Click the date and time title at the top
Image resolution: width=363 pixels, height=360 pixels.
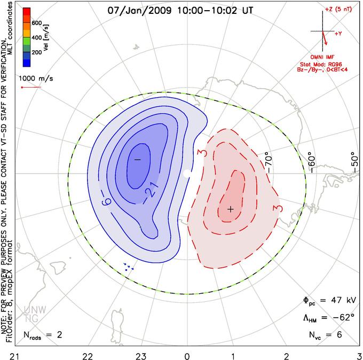180,11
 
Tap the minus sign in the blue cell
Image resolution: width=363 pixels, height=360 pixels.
138,160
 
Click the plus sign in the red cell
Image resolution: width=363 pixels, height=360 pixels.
231,209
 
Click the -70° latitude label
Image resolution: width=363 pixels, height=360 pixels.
269,162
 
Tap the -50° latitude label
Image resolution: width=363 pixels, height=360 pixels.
354,162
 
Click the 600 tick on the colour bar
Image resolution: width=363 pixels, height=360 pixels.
37,23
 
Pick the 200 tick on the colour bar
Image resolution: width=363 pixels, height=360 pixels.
37,52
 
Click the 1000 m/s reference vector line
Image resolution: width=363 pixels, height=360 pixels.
31,88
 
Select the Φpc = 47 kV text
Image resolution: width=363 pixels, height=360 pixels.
329,301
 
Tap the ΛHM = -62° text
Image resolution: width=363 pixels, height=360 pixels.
329,317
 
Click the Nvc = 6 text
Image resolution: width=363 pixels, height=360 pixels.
325,335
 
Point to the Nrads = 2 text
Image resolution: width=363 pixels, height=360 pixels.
43,335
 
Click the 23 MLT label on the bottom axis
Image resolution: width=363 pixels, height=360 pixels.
141,356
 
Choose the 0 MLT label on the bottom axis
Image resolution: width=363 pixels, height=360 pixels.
187,356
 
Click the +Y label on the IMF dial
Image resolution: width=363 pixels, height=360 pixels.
338,34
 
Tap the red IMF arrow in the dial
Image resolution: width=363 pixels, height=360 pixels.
325,38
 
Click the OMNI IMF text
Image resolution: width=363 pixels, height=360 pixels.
322,57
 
